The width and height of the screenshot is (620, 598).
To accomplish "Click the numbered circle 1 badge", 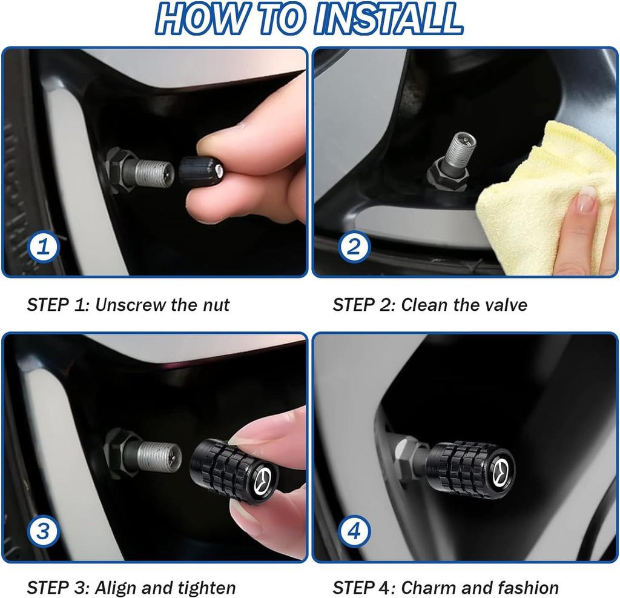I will coord(44,247).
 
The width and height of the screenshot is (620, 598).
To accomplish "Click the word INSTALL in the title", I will coord(388,19).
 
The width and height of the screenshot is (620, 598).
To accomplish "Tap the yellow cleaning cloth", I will coord(533,194).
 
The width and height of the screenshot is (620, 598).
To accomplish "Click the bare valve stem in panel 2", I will coord(460,151).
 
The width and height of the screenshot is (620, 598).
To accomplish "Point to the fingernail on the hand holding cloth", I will coord(586,199).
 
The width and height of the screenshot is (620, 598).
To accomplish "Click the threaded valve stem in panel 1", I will coord(152,173).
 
